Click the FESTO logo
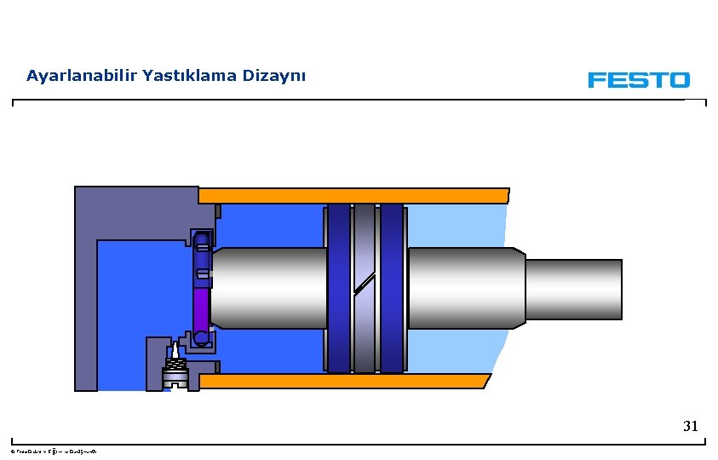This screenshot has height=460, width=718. point(638,79)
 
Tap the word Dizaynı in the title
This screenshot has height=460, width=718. point(274,76)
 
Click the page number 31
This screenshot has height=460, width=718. point(690,426)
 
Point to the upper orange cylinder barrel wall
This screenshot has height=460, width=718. point(353,195)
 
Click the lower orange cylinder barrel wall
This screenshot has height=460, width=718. point(345,381)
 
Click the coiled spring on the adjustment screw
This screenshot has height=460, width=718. point(175,367)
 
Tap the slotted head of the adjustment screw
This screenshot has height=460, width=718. point(175,380)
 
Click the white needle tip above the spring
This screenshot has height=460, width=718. point(175,350)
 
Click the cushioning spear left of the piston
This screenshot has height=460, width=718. point(268,288)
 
